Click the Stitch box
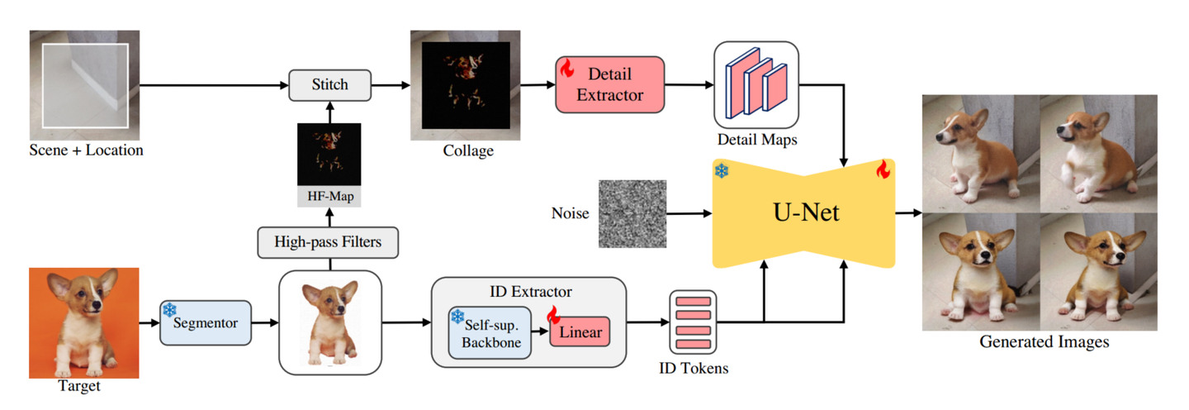330,84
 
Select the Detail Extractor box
609,84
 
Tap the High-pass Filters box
329,243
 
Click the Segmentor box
204,322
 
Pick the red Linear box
580,332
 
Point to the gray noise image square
631,214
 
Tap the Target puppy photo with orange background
83,322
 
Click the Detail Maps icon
756,84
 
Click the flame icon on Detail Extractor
567,69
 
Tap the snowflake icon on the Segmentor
169,310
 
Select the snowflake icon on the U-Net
722,171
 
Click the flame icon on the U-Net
883,170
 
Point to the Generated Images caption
1044,341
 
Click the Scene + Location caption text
86,150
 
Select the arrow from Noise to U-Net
688,214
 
